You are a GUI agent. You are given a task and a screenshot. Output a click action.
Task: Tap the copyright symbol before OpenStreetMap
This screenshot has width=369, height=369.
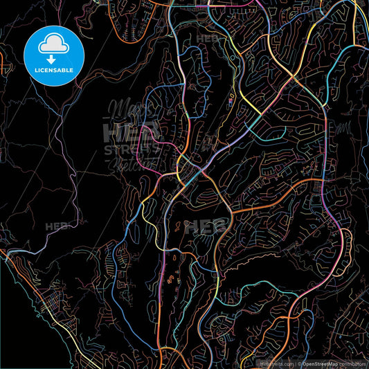(x=300, y=363)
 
